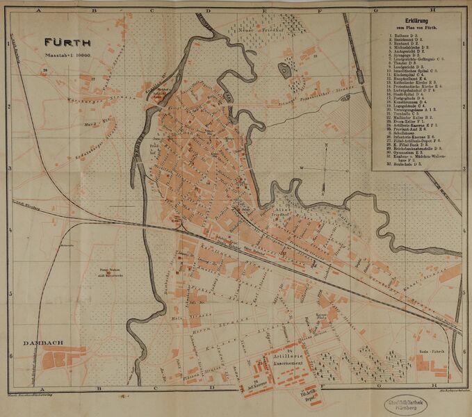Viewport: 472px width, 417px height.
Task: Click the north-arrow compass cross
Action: (325, 169)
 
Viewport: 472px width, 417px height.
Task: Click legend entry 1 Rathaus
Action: (399, 34)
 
